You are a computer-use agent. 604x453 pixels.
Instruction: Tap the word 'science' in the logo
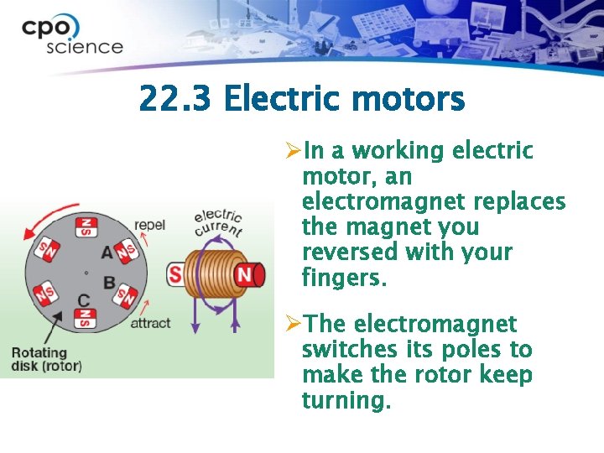(x=84, y=47)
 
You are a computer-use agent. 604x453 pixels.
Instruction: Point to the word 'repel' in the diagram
(x=149, y=224)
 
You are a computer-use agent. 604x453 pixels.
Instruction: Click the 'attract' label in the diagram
(x=150, y=322)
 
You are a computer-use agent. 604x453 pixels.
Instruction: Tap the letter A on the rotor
(x=107, y=252)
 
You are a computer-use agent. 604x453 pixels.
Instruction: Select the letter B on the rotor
(x=109, y=282)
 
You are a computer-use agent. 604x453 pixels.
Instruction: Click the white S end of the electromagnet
(x=176, y=274)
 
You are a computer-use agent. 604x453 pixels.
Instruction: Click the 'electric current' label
(x=217, y=221)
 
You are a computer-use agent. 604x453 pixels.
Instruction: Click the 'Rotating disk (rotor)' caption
(x=46, y=359)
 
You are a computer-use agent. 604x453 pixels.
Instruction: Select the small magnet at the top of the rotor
(x=85, y=226)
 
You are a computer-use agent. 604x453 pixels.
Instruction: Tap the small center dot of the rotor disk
(x=86, y=272)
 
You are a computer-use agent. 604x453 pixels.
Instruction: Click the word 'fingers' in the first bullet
(x=343, y=277)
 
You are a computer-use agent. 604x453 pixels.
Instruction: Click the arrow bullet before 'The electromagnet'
(x=292, y=324)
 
